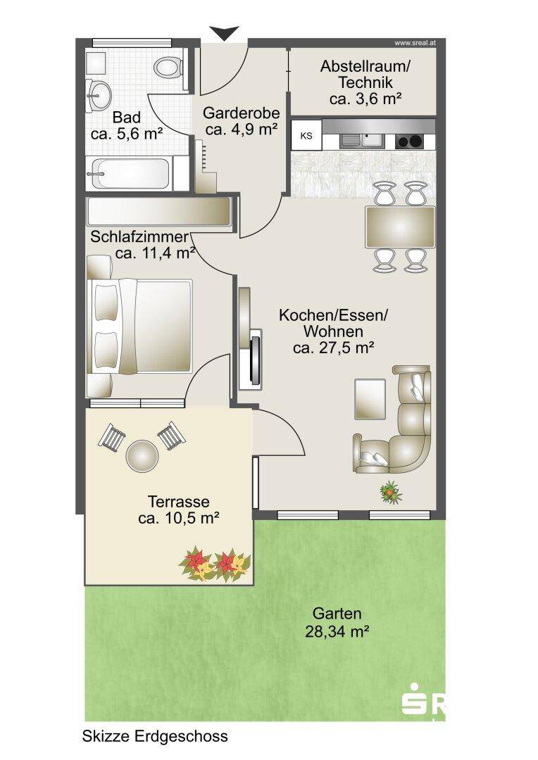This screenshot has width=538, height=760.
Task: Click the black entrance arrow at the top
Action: click(x=225, y=32)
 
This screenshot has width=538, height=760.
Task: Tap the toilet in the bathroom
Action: click(x=168, y=67)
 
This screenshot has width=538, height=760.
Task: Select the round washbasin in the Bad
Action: click(x=99, y=95)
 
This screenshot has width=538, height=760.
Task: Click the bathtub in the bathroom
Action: click(x=128, y=174)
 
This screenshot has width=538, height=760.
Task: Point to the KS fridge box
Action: click(x=306, y=136)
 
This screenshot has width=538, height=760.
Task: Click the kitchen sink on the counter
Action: click(x=361, y=141)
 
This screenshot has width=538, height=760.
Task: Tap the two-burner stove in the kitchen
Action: click(x=409, y=141)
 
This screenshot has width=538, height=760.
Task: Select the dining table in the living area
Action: click(x=400, y=227)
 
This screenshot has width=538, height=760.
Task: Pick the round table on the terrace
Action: click(x=142, y=455)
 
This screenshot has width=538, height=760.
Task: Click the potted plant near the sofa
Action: click(x=391, y=493)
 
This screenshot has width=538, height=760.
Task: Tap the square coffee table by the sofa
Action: click(x=370, y=399)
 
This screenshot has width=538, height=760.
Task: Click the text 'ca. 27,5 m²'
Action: click(x=333, y=348)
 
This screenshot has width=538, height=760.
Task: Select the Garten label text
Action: click(x=337, y=613)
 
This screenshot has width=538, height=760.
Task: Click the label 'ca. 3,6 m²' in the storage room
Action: click(x=365, y=99)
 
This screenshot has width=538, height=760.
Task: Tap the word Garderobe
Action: click(x=241, y=113)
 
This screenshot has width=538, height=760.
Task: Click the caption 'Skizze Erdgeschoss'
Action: click(x=155, y=736)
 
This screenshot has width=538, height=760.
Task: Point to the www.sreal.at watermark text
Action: click(x=415, y=43)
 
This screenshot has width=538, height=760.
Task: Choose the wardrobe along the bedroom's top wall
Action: click(x=158, y=211)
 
